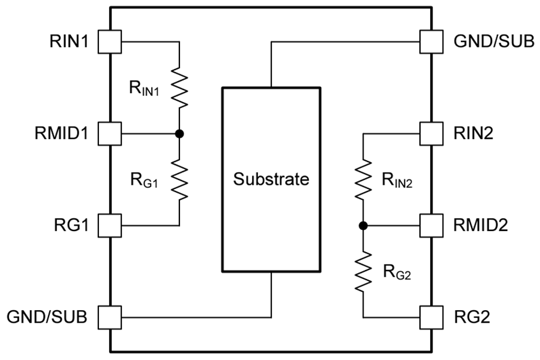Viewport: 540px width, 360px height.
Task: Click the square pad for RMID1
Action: point(110,134)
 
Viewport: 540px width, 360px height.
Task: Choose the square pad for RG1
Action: point(110,226)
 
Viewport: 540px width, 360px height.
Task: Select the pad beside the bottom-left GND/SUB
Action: point(110,317)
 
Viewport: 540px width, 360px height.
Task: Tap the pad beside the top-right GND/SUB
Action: point(431,42)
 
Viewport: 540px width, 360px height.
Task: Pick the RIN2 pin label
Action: point(473,134)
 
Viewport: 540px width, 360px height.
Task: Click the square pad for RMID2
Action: point(431,226)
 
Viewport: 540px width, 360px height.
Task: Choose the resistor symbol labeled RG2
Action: point(363,272)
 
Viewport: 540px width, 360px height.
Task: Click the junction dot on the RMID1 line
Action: point(179,134)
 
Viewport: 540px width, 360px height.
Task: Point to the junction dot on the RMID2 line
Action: point(363,226)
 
